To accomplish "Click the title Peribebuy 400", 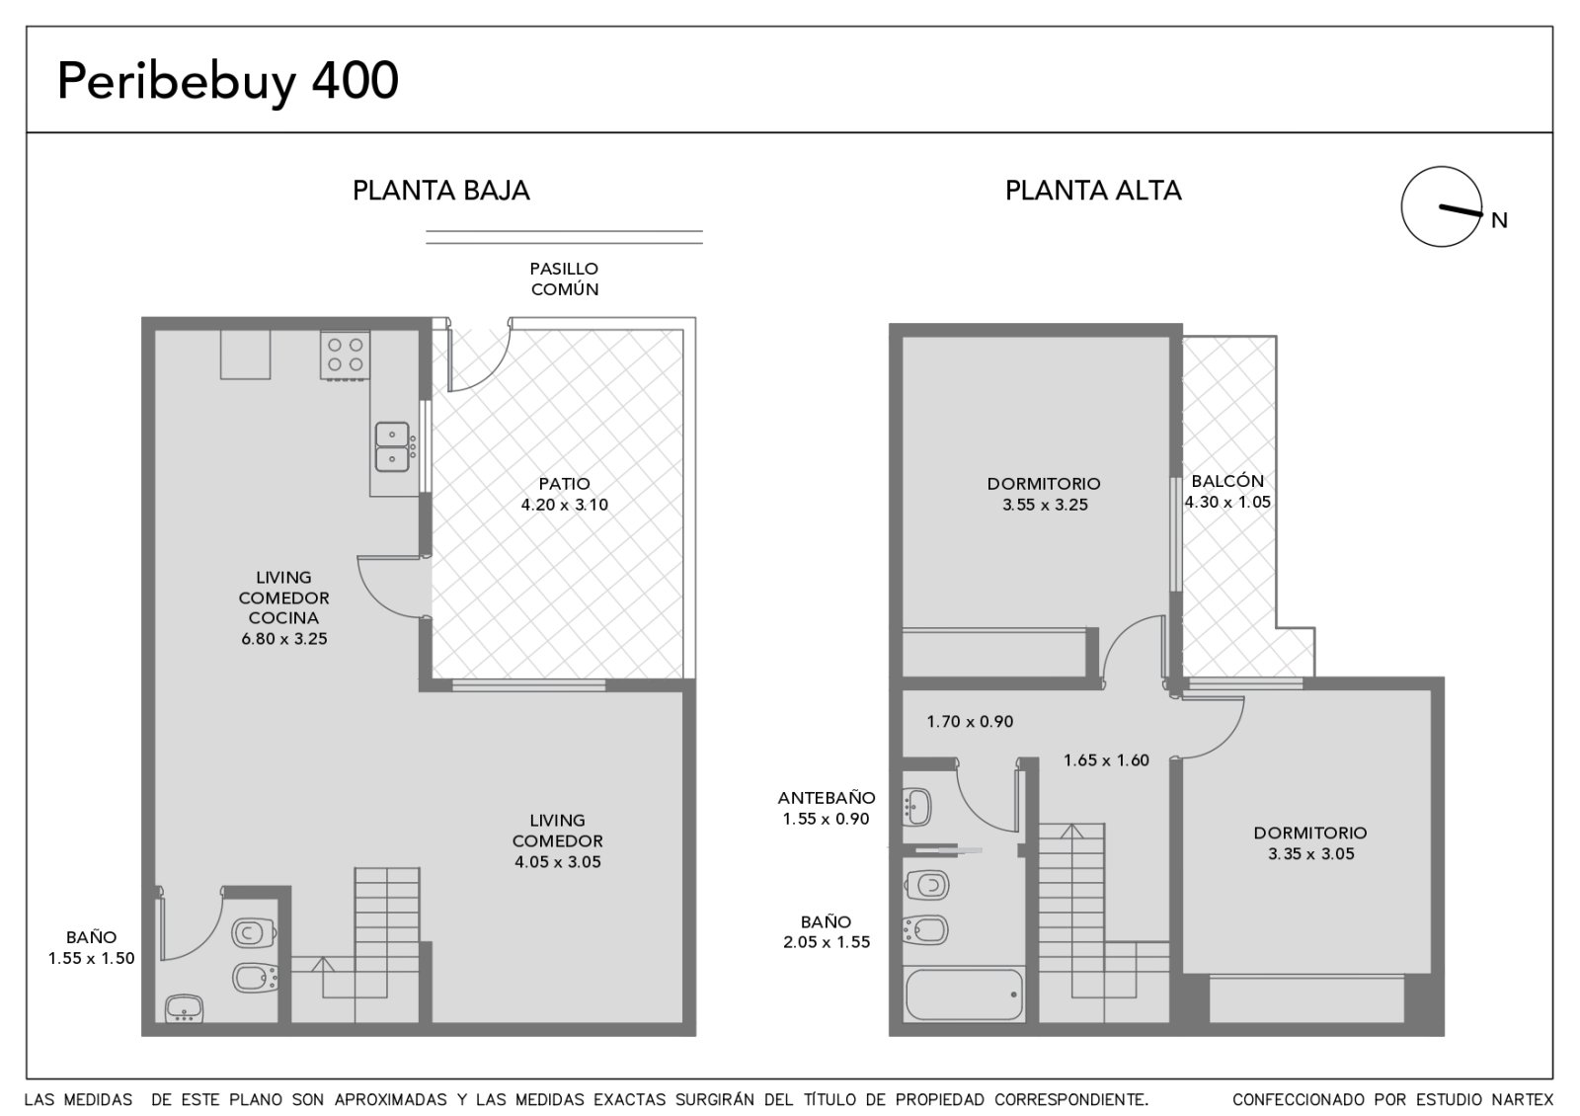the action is pyautogui.click(x=228, y=82).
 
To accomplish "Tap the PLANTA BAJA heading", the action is pyautogui.click(x=440, y=191).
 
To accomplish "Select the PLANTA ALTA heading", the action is pyautogui.click(x=1092, y=191).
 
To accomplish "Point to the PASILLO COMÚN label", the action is pyautogui.click(x=564, y=279).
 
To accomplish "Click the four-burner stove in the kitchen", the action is pyautogui.click(x=345, y=356).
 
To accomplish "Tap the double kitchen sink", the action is pyautogui.click(x=392, y=446).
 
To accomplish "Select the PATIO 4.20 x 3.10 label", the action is pyautogui.click(x=564, y=494).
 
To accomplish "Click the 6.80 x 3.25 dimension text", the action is pyautogui.click(x=284, y=638).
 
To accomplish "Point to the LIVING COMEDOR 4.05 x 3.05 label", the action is pyautogui.click(x=557, y=840).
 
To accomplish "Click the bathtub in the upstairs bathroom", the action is pyautogui.click(x=964, y=994).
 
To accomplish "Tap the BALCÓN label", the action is pyautogui.click(x=1227, y=481).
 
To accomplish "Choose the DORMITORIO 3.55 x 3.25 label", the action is pyautogui.click(x=1044, y=494).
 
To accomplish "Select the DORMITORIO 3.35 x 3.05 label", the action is pyautogui.click(x=1310, y=843).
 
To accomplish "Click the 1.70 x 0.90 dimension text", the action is pyautogui.click(x=970, y=721).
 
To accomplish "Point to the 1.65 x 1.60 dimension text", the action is pyautogui.click(x=1107, y=759).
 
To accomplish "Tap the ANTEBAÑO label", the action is pyautogui.click(x=827, y=798).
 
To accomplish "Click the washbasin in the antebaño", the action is pyautogui.click(x=917, y=806).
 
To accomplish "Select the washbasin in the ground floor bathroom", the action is pyautogui.click(x=184, y=1008).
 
